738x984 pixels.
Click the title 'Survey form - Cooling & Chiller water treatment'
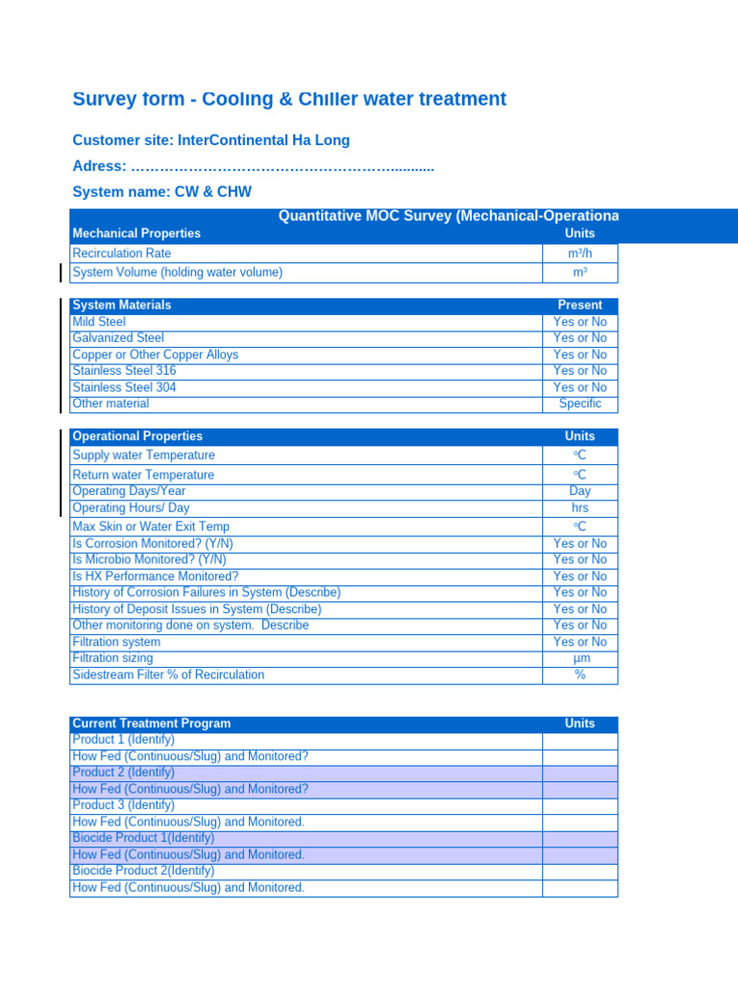289,99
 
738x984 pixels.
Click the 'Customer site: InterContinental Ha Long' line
211,140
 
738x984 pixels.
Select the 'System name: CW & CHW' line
162,192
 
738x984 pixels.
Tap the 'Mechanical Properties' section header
136,234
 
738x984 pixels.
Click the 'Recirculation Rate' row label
122,253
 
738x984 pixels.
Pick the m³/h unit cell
579,253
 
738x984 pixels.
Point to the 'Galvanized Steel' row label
118,338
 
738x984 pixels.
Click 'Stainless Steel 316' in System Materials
125,371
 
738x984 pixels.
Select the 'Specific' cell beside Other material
579,405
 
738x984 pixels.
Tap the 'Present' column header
579,306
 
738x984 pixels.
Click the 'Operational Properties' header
137,436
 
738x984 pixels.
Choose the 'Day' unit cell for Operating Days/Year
579,491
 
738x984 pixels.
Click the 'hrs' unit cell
579,508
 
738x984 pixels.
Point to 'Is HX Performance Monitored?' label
156,577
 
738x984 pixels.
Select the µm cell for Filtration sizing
579,659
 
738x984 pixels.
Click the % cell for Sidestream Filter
579,676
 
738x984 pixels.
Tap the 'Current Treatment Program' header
152,724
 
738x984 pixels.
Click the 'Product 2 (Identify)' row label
124,773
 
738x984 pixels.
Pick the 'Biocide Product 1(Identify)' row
143,838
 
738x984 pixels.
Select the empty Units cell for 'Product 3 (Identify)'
579,805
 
